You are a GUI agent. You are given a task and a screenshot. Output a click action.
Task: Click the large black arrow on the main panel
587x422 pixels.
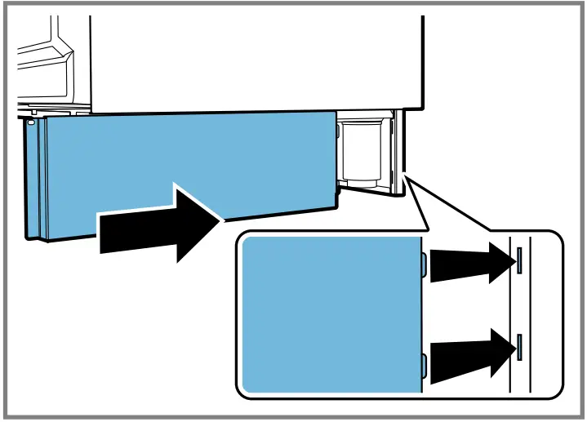[163, 222]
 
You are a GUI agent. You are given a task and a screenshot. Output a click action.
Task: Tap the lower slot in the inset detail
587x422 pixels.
[518, 346]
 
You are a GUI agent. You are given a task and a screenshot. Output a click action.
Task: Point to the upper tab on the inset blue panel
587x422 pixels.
[423, 263]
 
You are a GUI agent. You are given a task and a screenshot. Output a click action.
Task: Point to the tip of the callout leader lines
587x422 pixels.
[405, 174]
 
